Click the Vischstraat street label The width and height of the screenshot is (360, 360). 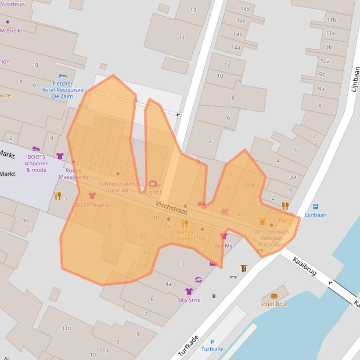[172, 208]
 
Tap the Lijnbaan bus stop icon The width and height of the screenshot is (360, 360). [316, 207]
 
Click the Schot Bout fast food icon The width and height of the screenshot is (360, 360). [274, 296]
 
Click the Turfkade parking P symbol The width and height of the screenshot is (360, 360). [212, 342]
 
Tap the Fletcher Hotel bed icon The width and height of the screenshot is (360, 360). [62, 76]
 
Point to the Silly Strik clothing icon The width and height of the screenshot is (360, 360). [189, 292]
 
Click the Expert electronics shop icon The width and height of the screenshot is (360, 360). [153, 183]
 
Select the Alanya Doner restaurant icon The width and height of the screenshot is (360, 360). [184, 223]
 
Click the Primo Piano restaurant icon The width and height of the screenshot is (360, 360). [286, 206]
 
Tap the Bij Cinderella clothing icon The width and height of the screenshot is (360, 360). [92, 196]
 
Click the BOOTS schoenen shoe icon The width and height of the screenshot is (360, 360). [36, 149]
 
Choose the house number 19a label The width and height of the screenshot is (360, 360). [250, 185]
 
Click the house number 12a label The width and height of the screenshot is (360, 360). [145, 252]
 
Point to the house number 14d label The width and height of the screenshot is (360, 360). [245, 9]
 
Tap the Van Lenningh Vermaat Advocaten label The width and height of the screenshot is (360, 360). [271, 238]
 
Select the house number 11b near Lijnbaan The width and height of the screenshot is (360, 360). [331, 20]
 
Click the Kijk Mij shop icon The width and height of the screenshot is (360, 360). [223, 236]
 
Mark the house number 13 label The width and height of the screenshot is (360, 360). [193, 10]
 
